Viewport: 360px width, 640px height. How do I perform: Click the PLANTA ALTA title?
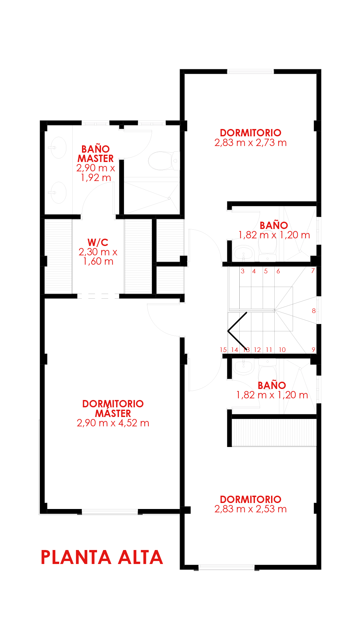click(x=102, y=557)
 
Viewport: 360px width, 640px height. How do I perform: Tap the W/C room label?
click(x=98, y=242)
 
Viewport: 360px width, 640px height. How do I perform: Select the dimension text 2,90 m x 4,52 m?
click(x=113, y=423)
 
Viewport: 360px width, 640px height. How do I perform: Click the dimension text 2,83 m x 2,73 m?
click(x=251, y=143)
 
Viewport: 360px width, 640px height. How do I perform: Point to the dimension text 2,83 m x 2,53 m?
click(x=251, y=509)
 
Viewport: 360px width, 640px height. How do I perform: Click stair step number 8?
click(x=314, y=311)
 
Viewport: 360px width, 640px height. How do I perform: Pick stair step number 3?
click(x=243, y=271)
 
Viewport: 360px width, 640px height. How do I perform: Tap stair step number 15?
click(x=223, y=350)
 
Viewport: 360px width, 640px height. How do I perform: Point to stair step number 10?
click(x=282, y=350)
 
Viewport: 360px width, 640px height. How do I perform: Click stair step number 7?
click(x=313, y=271)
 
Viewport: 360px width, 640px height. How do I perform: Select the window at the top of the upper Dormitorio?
click(x=250, y=71)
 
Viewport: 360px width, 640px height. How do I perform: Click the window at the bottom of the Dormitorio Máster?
click(x=110, y=512)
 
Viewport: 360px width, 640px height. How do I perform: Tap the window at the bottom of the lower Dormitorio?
click(x=227, y=567)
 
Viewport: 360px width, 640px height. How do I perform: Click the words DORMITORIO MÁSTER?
click(x=113, y=409)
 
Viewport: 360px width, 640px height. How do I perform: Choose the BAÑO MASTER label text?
click(x=96, y=154)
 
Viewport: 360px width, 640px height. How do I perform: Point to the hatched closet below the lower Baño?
click(x=274, y=432)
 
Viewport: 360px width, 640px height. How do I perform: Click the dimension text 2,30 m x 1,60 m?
click(x=98, y=257)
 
